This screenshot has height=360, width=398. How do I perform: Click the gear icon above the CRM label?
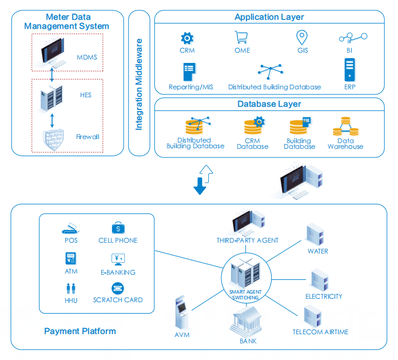point(186,39)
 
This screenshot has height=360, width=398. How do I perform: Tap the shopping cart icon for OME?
point(241,38)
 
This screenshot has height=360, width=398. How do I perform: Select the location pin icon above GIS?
point(302,38)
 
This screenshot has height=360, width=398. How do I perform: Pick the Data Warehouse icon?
point(345,126)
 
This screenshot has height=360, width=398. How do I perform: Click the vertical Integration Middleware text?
point(139,85)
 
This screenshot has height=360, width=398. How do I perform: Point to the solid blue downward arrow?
point(200,184)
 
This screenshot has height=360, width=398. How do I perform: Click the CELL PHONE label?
point(118,240)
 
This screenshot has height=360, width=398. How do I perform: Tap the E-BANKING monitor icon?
point(118,259)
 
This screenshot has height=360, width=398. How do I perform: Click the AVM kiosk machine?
point(182,313)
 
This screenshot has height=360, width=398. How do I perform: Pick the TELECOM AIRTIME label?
point(320,332)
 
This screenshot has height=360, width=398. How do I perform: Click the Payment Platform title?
point(80,331)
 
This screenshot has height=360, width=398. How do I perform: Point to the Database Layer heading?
point(269,104)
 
